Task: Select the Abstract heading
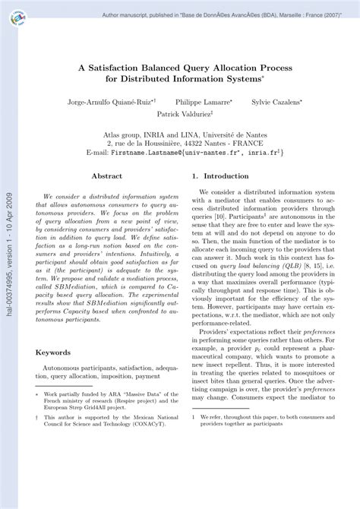[x=107, y=175]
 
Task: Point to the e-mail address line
[x=185, y=152]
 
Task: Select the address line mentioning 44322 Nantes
[x=185, y=141]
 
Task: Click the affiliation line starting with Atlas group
[x=185, y=131]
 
